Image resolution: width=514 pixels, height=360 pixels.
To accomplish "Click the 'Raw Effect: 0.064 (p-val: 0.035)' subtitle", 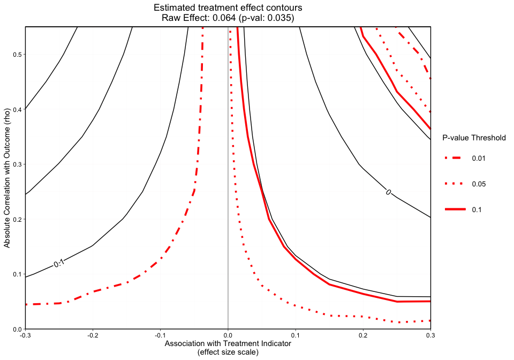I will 228,18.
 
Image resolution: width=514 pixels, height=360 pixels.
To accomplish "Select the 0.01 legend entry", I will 478,159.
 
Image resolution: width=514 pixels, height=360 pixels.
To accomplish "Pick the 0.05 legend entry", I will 478,184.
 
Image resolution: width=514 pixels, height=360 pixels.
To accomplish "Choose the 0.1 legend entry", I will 476,209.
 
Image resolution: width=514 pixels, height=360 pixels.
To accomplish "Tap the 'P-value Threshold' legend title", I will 474,138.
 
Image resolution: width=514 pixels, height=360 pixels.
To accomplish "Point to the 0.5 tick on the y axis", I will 17,55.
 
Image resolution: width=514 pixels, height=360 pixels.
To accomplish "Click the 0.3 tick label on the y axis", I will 17,164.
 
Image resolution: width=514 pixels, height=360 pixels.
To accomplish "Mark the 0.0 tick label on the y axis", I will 17,329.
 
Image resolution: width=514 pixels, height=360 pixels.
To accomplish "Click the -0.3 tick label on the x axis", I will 25,336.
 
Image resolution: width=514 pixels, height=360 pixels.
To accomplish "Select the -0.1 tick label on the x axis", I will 160,336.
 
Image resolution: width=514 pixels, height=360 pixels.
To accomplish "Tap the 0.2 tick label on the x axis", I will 363,336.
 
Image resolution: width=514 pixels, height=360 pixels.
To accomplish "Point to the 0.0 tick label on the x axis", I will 228,336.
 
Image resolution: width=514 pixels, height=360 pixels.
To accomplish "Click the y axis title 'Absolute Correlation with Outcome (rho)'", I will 7,178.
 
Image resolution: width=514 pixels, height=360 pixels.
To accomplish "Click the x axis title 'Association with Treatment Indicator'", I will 228,343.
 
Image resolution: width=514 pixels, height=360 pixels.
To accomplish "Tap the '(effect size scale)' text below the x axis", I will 228,352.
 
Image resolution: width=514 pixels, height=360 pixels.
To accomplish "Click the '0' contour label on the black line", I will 388,192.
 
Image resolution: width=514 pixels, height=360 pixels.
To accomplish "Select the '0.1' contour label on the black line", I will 59,263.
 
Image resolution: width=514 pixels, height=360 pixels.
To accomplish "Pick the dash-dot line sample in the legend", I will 455,159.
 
